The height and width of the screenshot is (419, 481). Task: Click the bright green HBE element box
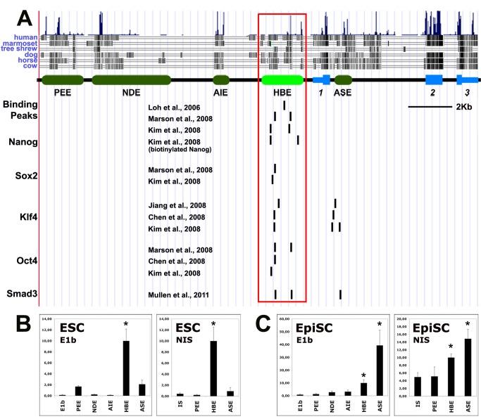click(x=282, y=80)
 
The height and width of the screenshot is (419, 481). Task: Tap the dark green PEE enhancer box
click(x=63, y=80)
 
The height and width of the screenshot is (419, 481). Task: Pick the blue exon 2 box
click(x=433, y=80)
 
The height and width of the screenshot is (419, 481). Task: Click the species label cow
click(x=29, y=65)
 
